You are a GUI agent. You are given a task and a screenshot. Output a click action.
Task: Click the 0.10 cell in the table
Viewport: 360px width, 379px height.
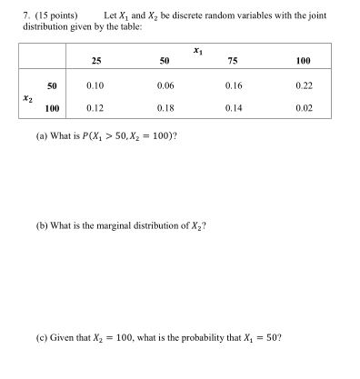(x=95, y=85)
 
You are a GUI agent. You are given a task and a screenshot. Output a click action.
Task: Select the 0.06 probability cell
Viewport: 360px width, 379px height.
(x=165, y=85)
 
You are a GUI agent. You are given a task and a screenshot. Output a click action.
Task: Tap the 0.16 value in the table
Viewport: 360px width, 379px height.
(x=234, y=85)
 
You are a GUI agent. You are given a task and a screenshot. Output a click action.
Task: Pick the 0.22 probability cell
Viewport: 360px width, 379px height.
(x=304, y=85)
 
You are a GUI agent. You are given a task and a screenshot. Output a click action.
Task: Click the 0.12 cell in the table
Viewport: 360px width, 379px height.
(x=95, y=107)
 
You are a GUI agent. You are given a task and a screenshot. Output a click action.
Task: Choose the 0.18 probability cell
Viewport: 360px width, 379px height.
(x=165, y=107)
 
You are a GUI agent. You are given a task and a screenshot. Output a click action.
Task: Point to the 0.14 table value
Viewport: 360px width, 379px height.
(x=234, y=107)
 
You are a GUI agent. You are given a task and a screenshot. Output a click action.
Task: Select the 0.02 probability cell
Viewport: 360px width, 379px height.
(x=304, y=107)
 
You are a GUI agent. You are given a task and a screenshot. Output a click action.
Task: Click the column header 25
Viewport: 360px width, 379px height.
(x=95, y=61)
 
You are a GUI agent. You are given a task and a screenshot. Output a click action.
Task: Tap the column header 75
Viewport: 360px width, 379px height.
(x=234, y=61)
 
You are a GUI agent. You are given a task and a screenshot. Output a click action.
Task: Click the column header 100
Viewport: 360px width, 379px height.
(x=304, y=61)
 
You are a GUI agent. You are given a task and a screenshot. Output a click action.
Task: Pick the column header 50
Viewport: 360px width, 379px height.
(x=165, y=61)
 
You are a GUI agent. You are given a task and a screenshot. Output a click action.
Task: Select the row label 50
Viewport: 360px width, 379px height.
(x=53, y=85)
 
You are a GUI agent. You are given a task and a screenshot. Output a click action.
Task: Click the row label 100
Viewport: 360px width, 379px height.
(x=51, y=107)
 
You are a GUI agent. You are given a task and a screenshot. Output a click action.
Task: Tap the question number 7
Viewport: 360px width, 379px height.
(x=26, y=16)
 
